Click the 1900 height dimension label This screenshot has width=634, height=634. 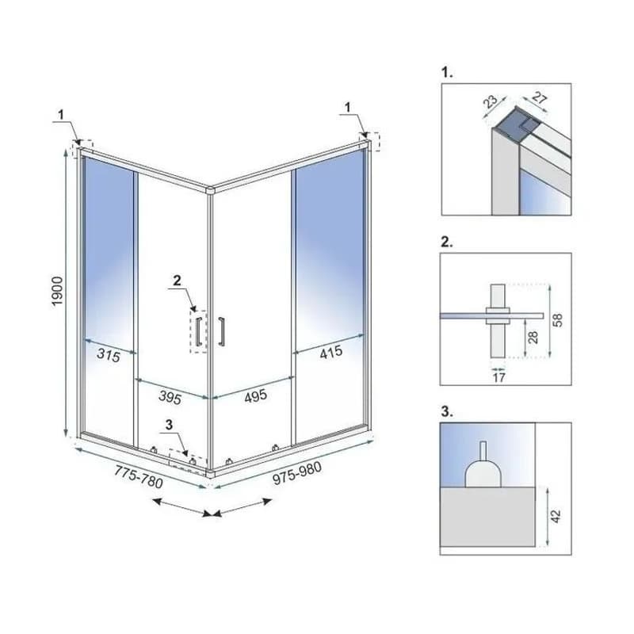point(57,291)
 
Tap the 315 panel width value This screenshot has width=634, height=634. point(109,355)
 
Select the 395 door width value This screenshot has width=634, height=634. point(170,398)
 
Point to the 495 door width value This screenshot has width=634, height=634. point(255,395)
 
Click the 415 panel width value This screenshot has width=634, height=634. point(331,353)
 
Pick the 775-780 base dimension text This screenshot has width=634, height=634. point(139,477)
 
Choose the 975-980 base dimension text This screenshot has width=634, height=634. point(297,472)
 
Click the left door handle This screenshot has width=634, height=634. point(199,331)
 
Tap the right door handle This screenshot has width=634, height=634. point(221,331)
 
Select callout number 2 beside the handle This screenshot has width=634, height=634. point(177,281)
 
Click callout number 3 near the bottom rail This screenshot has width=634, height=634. point(169,425)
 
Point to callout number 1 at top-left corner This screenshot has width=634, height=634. point(61,114)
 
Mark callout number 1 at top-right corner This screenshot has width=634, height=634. point(347,107)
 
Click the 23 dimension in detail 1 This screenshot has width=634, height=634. point(491,102)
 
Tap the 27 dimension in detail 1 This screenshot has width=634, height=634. point(540,97)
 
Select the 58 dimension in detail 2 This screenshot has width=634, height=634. point(558,320)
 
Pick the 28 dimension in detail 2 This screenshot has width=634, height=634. point(533,338)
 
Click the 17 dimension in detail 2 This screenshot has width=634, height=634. point(499,378)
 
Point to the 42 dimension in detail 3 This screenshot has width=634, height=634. point(556,517)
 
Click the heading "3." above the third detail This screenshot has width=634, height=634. point(447,411)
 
